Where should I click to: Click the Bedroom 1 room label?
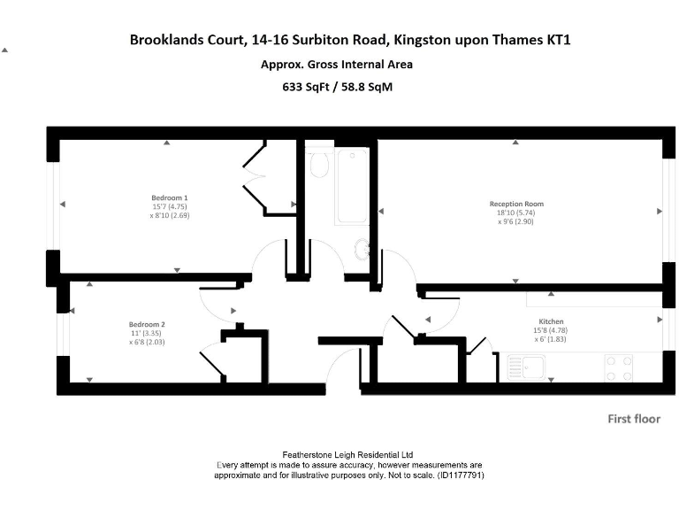point(169,197)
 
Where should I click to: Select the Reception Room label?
point(515,203)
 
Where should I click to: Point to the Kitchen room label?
point(551,321)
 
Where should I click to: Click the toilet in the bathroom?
point(319,164)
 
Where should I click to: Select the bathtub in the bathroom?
point(351,186)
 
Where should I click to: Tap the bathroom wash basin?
point(362,250)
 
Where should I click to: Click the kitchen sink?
point(528,366)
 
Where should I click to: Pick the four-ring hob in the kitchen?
point(618,367)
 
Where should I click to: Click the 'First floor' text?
point(633,419)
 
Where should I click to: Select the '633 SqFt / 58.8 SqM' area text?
point(336,87)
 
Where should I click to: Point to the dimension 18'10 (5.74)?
point(515,212)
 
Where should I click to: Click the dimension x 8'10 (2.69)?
point(170,215)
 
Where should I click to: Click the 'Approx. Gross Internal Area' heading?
point(336,64)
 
